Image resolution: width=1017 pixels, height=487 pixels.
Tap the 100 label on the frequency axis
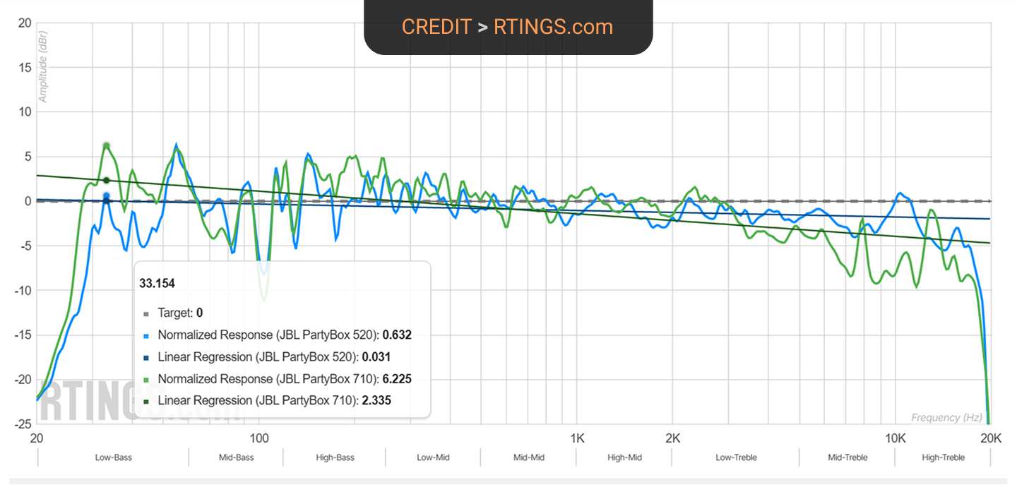point(259,438)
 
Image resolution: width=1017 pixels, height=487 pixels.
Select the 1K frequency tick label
point(578,438)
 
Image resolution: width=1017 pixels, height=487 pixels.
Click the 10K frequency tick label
point(896,438)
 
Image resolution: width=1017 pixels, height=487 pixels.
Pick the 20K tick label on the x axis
point(992,438)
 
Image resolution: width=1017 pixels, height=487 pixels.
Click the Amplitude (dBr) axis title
point(43,70)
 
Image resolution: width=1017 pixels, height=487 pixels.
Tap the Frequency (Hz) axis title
point(946,418)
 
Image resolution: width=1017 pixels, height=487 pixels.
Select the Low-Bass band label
point(114,458)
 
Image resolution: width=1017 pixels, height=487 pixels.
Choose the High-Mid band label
point(624,458)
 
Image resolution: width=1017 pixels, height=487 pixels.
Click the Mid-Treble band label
point(847,458)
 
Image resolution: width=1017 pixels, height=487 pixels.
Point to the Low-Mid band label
point(433,458)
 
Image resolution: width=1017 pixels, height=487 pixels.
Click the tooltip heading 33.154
point(157,283)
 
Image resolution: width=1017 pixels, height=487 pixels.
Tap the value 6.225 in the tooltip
point(397,379)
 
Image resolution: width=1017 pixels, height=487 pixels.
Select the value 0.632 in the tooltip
point(397,335)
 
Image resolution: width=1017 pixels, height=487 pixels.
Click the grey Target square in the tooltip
point(146,313)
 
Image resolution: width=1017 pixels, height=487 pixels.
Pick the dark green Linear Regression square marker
point(146,401)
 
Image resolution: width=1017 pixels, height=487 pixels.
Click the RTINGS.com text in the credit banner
point(553,27)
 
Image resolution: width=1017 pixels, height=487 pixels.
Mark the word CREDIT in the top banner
point(436,27)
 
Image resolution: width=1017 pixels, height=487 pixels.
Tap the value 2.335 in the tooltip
point(376,401)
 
